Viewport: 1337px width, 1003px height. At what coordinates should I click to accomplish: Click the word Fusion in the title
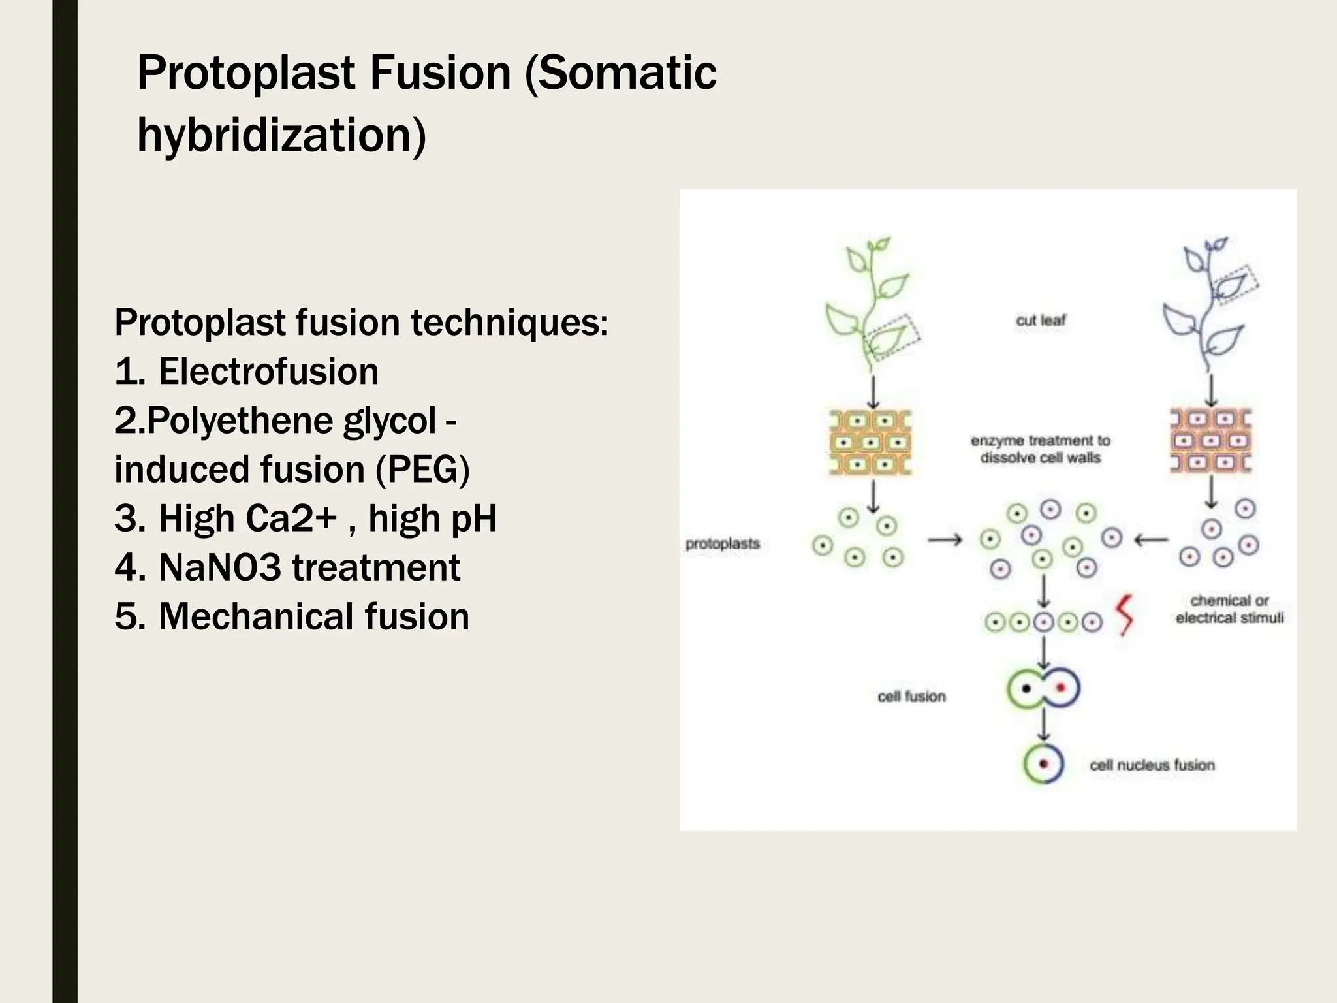440,72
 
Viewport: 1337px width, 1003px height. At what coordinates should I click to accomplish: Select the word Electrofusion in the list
268,372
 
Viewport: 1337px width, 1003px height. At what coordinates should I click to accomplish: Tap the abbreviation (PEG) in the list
422,470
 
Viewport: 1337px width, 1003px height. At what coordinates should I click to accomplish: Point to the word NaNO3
220,567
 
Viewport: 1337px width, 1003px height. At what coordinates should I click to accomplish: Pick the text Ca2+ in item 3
291,518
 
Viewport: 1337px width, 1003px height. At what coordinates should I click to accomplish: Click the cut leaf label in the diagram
1041,321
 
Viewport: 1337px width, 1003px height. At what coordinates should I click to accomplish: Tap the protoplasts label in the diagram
723,543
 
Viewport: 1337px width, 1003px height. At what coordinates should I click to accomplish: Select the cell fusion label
911,697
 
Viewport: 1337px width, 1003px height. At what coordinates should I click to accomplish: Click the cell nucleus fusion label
1152,765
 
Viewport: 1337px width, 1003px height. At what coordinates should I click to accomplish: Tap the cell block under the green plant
870,443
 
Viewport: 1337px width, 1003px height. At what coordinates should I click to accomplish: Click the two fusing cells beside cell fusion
1043,688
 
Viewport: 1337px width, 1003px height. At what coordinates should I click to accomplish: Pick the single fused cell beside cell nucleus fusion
1043,764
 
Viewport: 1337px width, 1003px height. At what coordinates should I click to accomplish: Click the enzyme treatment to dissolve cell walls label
1041,449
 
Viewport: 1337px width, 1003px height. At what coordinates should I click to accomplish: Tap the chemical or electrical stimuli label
1229,609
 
